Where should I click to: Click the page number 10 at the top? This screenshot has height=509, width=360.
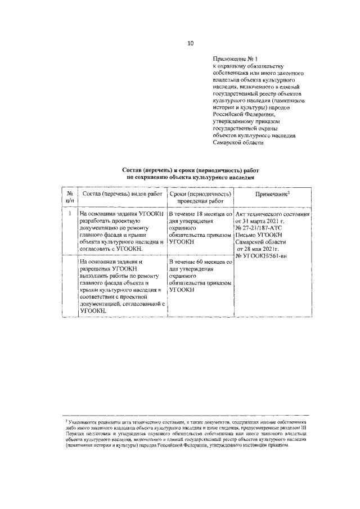(x=190, y=43)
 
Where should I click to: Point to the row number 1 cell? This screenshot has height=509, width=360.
(x=69, y=214)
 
